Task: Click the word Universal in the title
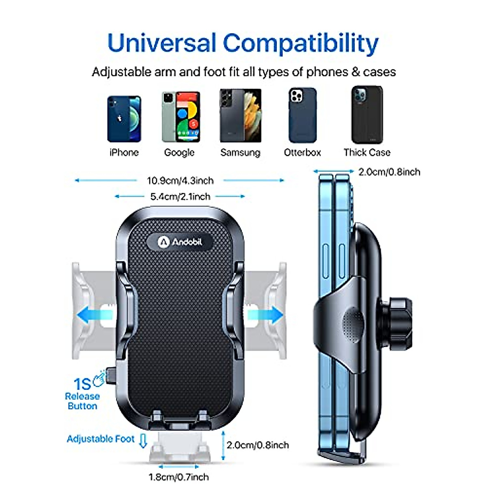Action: point(162,43)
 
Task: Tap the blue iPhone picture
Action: point(124,119)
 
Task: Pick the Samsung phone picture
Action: point(240,116)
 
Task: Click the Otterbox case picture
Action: point(302,115)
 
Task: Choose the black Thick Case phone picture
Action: point(367,114)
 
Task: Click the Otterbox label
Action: point(302,153)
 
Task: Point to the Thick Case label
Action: point(367,153)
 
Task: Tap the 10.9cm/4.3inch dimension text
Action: point(180,181)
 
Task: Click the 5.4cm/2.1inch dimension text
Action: point(180,197)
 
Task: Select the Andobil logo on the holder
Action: point(180,242)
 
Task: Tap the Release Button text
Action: point(82,401)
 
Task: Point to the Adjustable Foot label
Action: point(100,439)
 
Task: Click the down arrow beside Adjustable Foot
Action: point(142,441)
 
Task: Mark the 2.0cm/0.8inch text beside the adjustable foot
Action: point(258,445)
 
